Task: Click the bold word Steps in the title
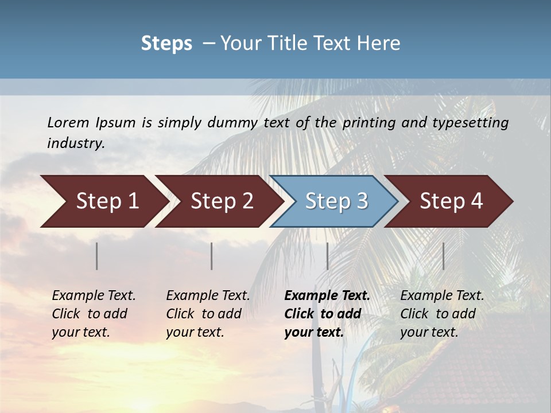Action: (166, 44)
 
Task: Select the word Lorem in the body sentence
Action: (68, 122)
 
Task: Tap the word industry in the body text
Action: (76, 143)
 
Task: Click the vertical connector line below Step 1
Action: (97, 256)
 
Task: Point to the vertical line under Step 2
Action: (212, 256)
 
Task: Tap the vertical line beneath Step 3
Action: (327, 256)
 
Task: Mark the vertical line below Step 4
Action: (443, 256)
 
